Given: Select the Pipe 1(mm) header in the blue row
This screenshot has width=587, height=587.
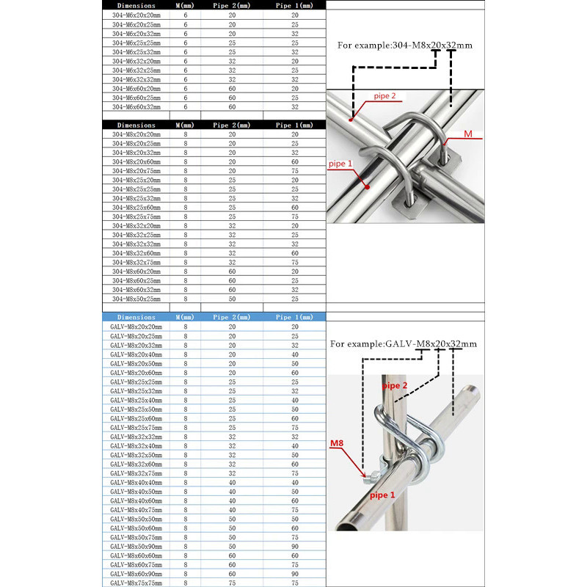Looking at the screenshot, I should (x=294, y=317).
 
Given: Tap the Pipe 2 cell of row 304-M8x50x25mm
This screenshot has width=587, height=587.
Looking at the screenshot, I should (x=232, y=299).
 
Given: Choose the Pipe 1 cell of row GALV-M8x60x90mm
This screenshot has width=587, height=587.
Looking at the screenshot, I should (x=294, y=573).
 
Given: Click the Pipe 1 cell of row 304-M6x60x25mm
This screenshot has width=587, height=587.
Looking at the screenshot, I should (x=294, y=98).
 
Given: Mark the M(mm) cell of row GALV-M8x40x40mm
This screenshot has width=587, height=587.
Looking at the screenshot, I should (x=185, y=482).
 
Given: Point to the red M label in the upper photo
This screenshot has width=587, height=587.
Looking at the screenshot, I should (x=468, y=134).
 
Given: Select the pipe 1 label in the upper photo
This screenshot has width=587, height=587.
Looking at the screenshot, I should (x=340, y=162).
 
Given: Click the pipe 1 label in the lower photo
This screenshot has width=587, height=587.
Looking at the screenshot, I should (x=383, y=495).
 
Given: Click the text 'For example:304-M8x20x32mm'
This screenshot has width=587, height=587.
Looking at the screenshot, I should (x=404, y=45).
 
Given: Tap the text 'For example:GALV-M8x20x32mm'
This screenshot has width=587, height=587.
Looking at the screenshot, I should (x=403, y=343).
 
